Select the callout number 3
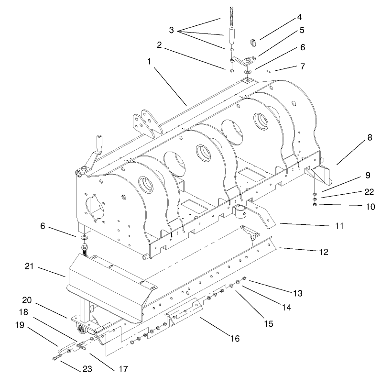pos(171,30)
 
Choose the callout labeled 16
pos(234,339)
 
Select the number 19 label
pos(20,325)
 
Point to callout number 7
pos(302,66)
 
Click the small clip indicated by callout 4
pos(253,42)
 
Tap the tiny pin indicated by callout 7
pos(269,71)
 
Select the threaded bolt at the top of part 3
pos(231,14)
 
